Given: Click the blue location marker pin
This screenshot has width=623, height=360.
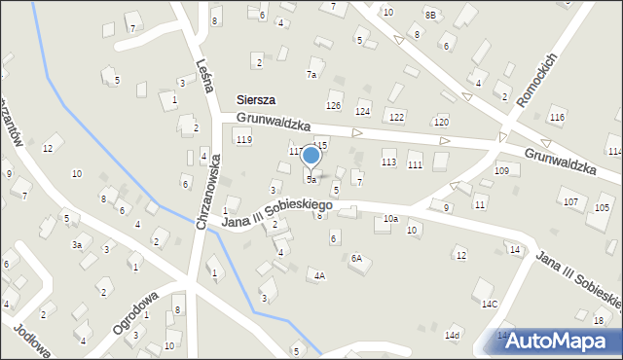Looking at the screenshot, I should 311,156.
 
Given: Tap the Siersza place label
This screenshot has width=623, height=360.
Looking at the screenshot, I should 256,100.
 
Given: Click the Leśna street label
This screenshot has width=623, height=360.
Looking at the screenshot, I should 204,74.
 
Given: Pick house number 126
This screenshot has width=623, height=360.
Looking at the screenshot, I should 334,105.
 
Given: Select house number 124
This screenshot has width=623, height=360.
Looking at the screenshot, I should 363,114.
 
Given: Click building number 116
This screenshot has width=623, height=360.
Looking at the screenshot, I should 557,117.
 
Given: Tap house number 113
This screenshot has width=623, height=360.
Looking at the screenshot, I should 388,162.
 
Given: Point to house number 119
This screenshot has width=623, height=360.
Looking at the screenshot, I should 243,140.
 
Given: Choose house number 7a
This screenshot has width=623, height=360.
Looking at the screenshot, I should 311,74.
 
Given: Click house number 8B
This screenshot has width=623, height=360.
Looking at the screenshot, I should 430,15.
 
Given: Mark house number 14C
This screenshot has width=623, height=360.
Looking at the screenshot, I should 490,305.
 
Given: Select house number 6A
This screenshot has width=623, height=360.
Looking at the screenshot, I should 356,258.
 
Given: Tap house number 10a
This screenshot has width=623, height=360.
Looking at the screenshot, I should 390,219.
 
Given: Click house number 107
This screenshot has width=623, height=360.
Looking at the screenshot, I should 569,201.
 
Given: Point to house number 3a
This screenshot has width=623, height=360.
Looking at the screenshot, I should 76,245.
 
